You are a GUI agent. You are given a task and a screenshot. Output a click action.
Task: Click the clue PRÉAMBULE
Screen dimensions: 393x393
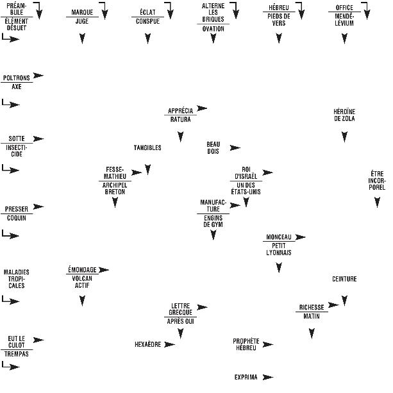tap(17, 8)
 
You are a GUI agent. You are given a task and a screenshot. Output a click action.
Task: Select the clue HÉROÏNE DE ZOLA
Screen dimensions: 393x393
tap(344, 115)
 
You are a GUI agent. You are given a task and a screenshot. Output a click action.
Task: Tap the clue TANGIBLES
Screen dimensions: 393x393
tap(147, 148)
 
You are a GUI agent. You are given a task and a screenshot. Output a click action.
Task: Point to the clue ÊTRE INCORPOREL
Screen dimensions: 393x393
tap(377, 180)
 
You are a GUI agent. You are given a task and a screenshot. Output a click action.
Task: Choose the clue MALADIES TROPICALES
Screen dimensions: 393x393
tap(17, 279)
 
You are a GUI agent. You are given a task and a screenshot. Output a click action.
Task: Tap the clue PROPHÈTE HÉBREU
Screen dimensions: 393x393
tap(246, 344)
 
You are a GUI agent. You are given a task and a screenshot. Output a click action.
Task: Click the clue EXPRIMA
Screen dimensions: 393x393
tap(246, 378)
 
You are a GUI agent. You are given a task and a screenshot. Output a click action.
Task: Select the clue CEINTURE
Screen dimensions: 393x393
tap(344, 280)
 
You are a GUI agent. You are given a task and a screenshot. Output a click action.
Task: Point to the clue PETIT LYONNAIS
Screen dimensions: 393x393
tap(279, 249)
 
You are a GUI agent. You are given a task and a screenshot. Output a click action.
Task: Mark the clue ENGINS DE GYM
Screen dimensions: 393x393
tap(213, 221)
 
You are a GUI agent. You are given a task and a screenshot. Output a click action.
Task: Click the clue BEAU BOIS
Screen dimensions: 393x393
tap(213, 147)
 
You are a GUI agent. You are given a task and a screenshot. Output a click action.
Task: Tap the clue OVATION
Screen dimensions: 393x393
tap(213, 29)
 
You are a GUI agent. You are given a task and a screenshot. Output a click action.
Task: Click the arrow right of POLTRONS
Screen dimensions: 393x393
tap(38, 76)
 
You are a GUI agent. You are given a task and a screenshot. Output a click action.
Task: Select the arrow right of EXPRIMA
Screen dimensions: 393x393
tap(268, 377)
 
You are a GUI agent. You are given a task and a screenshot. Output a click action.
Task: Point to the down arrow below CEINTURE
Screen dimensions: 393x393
tap(344, 299)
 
